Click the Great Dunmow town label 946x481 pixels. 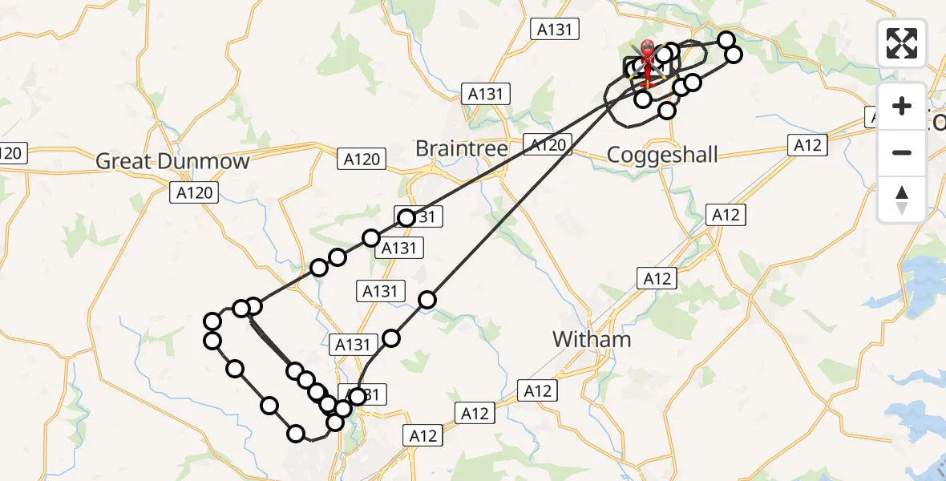[x=172, y=161]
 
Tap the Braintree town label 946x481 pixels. [x=461, y=148]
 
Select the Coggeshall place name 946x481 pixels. [x=662, y=155]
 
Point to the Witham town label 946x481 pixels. [x=592, y=339]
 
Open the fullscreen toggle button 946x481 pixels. [x=902, y=43]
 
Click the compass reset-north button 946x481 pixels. [x=902, y=200]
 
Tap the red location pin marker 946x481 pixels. [x=647, y=50]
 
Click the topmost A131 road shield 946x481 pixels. [x=555, y=29]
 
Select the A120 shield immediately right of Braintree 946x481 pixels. [x=548, y=145]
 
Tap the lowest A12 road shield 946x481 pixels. [x=422, y=435]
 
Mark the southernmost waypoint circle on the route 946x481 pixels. [x=297, y=434]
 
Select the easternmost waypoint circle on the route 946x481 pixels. [x=733, y=55]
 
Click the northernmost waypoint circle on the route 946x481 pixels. [x=726, y=39]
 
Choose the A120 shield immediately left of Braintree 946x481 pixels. [x=361, y=159]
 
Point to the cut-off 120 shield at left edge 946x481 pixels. [x=12, y=152]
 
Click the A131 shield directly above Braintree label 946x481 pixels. [x=485, y=94]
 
